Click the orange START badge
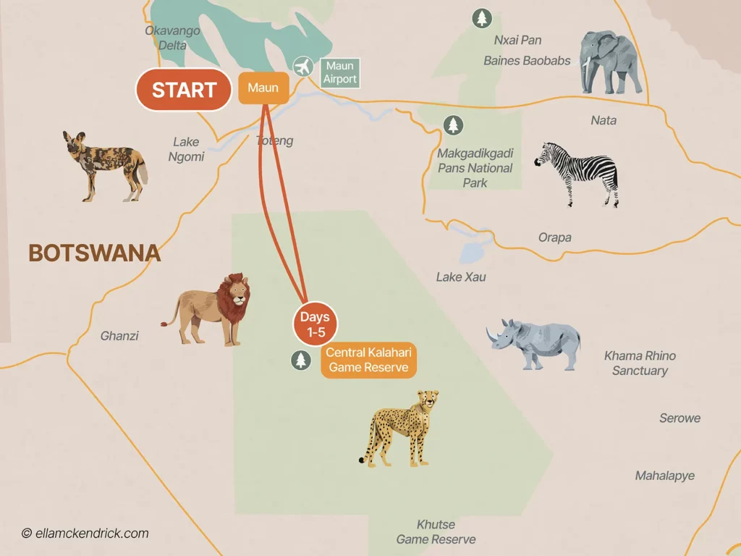pyautogui.click(x=184, y=90)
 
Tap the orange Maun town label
pyautogui.click(x=263, y=88)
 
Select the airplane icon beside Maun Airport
pyautogui.click(x=303, y=67)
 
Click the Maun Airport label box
pyautogui.click(x=340, y=72)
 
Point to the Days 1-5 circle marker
pyautogui.click(x=315, y=324)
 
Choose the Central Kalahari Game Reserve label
pyautogui.click(x=368, y=361)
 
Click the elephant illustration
pyautogui.click(x=611, y=62)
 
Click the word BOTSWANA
pyautogui.click(x=94, y=253)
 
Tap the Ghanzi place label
pyautogui.click(x=119, y=336)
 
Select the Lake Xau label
pyautogui.click(x=461, y=277)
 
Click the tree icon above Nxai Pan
pyautogui.click(x=481, y=18)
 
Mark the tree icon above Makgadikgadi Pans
pyautogui.click(x=453, y=125)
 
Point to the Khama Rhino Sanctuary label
pyautogui.click(x=640, y=363)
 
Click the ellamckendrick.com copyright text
pyautogui.click(x=85, y=534)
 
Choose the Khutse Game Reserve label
pyautogui.click(x=436, y=532)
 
